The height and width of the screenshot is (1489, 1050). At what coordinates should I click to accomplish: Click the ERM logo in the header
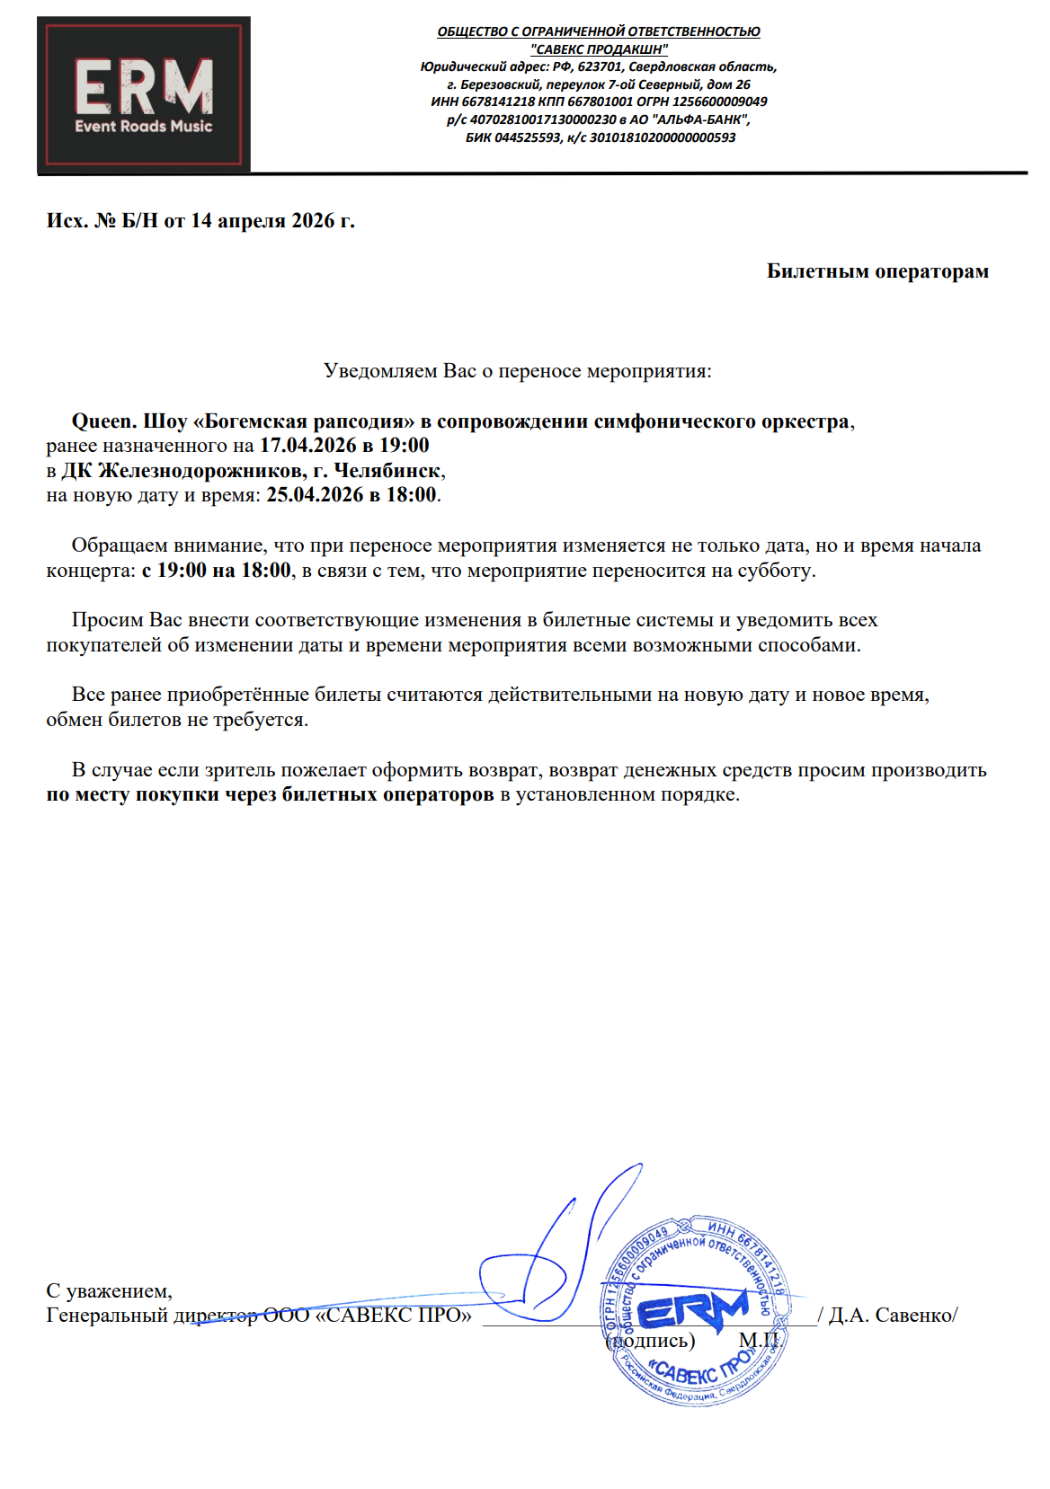click(144, 94)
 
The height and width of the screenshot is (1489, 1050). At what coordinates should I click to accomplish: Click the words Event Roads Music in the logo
click(144, 127)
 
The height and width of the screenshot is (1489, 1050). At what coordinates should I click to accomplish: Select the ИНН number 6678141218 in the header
click(498, 102)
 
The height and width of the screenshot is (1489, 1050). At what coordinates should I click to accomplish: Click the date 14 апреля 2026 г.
click(272, 221)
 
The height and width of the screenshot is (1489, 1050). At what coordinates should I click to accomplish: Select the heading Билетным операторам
click(877, 271)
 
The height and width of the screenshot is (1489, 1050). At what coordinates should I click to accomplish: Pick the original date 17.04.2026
click(307, 446)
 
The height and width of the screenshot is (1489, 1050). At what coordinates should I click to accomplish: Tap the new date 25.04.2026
click(315, 495)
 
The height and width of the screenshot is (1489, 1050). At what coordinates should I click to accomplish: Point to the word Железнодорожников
click(200, 471)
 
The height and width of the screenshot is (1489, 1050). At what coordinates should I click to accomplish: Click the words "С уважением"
click(109, 1291)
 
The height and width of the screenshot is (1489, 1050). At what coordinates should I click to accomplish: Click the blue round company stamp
click(696, 1313)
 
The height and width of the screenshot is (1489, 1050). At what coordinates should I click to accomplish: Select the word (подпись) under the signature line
click(652, 1341)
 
